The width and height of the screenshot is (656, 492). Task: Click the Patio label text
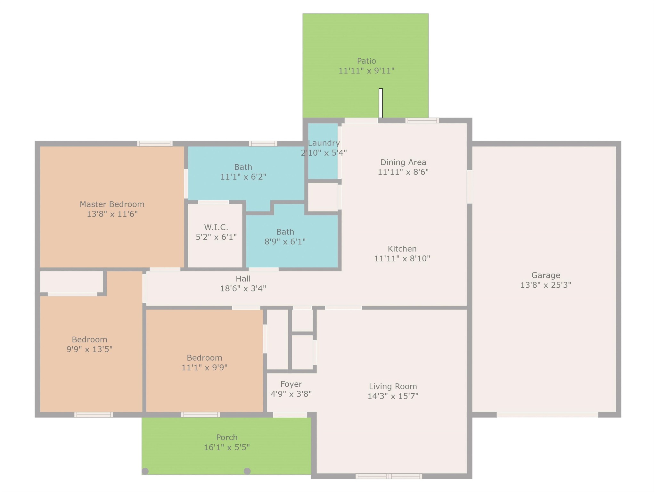point(366,61)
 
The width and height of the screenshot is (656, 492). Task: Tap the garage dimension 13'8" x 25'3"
point(545,285)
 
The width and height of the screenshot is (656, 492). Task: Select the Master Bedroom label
point(112,204)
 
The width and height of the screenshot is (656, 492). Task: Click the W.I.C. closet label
point(216,227)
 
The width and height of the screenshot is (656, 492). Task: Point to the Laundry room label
point(324,143)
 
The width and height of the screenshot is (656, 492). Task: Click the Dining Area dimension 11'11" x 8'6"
point(403,172)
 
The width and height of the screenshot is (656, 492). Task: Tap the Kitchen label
point(402,249)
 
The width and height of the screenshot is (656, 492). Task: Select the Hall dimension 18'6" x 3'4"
point(243,288)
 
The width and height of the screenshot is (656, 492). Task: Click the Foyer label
point(291,384)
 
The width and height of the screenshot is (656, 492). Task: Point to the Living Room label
point(393,386)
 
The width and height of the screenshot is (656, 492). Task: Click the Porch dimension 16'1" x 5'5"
point(226,447)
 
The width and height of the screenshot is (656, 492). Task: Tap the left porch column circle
point(145,471)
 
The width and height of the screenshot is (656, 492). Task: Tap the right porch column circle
point(247,471)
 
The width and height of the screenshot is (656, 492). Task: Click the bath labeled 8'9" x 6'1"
point(285,237)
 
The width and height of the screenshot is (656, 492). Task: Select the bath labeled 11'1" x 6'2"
point(243,172)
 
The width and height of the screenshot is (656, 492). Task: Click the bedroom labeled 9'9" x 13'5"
point(89,344)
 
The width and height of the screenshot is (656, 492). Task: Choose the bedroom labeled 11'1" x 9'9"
point(204,363)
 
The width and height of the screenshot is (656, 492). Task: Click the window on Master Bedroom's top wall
point(155,144)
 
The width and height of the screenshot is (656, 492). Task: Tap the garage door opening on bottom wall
point(547,415)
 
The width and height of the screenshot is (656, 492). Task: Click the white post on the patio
point(381,103)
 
